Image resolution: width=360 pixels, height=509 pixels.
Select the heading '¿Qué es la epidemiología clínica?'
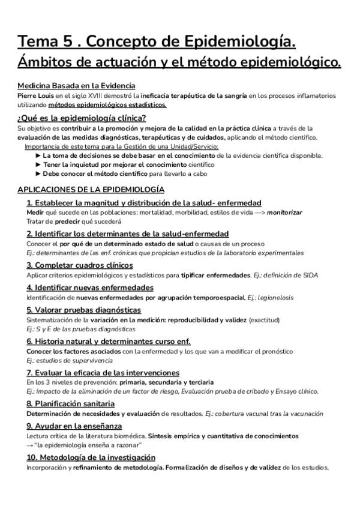coord(82,118)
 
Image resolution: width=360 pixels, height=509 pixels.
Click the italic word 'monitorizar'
coord(284,212)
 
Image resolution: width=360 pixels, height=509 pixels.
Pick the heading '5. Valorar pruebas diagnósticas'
coord(83,310)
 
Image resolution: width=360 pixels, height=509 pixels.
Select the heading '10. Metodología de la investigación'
coord(91,457)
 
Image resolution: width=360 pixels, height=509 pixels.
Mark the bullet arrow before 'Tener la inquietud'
coord(39,164)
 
